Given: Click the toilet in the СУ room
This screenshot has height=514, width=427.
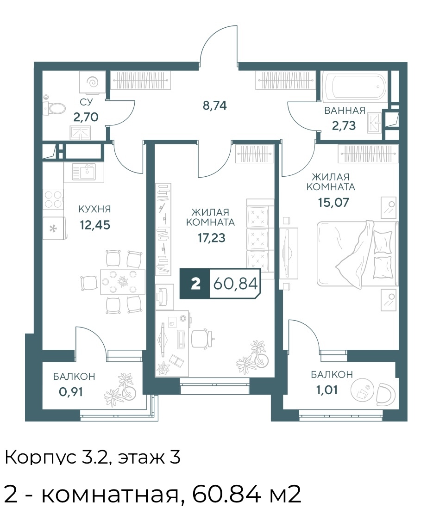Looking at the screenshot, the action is point(55,108).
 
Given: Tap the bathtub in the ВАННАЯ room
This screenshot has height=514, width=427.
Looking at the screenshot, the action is point(356,87).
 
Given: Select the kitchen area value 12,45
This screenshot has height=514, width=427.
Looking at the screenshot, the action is point(95,225).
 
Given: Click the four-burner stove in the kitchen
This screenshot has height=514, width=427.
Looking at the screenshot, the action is point(53,199).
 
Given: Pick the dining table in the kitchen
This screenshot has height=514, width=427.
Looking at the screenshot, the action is point(123,282).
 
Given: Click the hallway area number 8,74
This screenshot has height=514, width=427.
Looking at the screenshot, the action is point(214,105).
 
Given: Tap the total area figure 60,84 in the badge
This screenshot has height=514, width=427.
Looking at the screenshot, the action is point(235,283).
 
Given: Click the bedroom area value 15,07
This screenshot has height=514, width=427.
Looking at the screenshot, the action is point(333,202).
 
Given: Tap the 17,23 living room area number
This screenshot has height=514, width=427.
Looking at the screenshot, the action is point(211,238).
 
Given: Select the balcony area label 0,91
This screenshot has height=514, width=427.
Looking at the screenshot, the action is point(70,391).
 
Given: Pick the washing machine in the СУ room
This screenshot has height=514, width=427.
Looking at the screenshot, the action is point(92,82).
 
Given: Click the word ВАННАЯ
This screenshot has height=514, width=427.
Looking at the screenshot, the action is point(345,111).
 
